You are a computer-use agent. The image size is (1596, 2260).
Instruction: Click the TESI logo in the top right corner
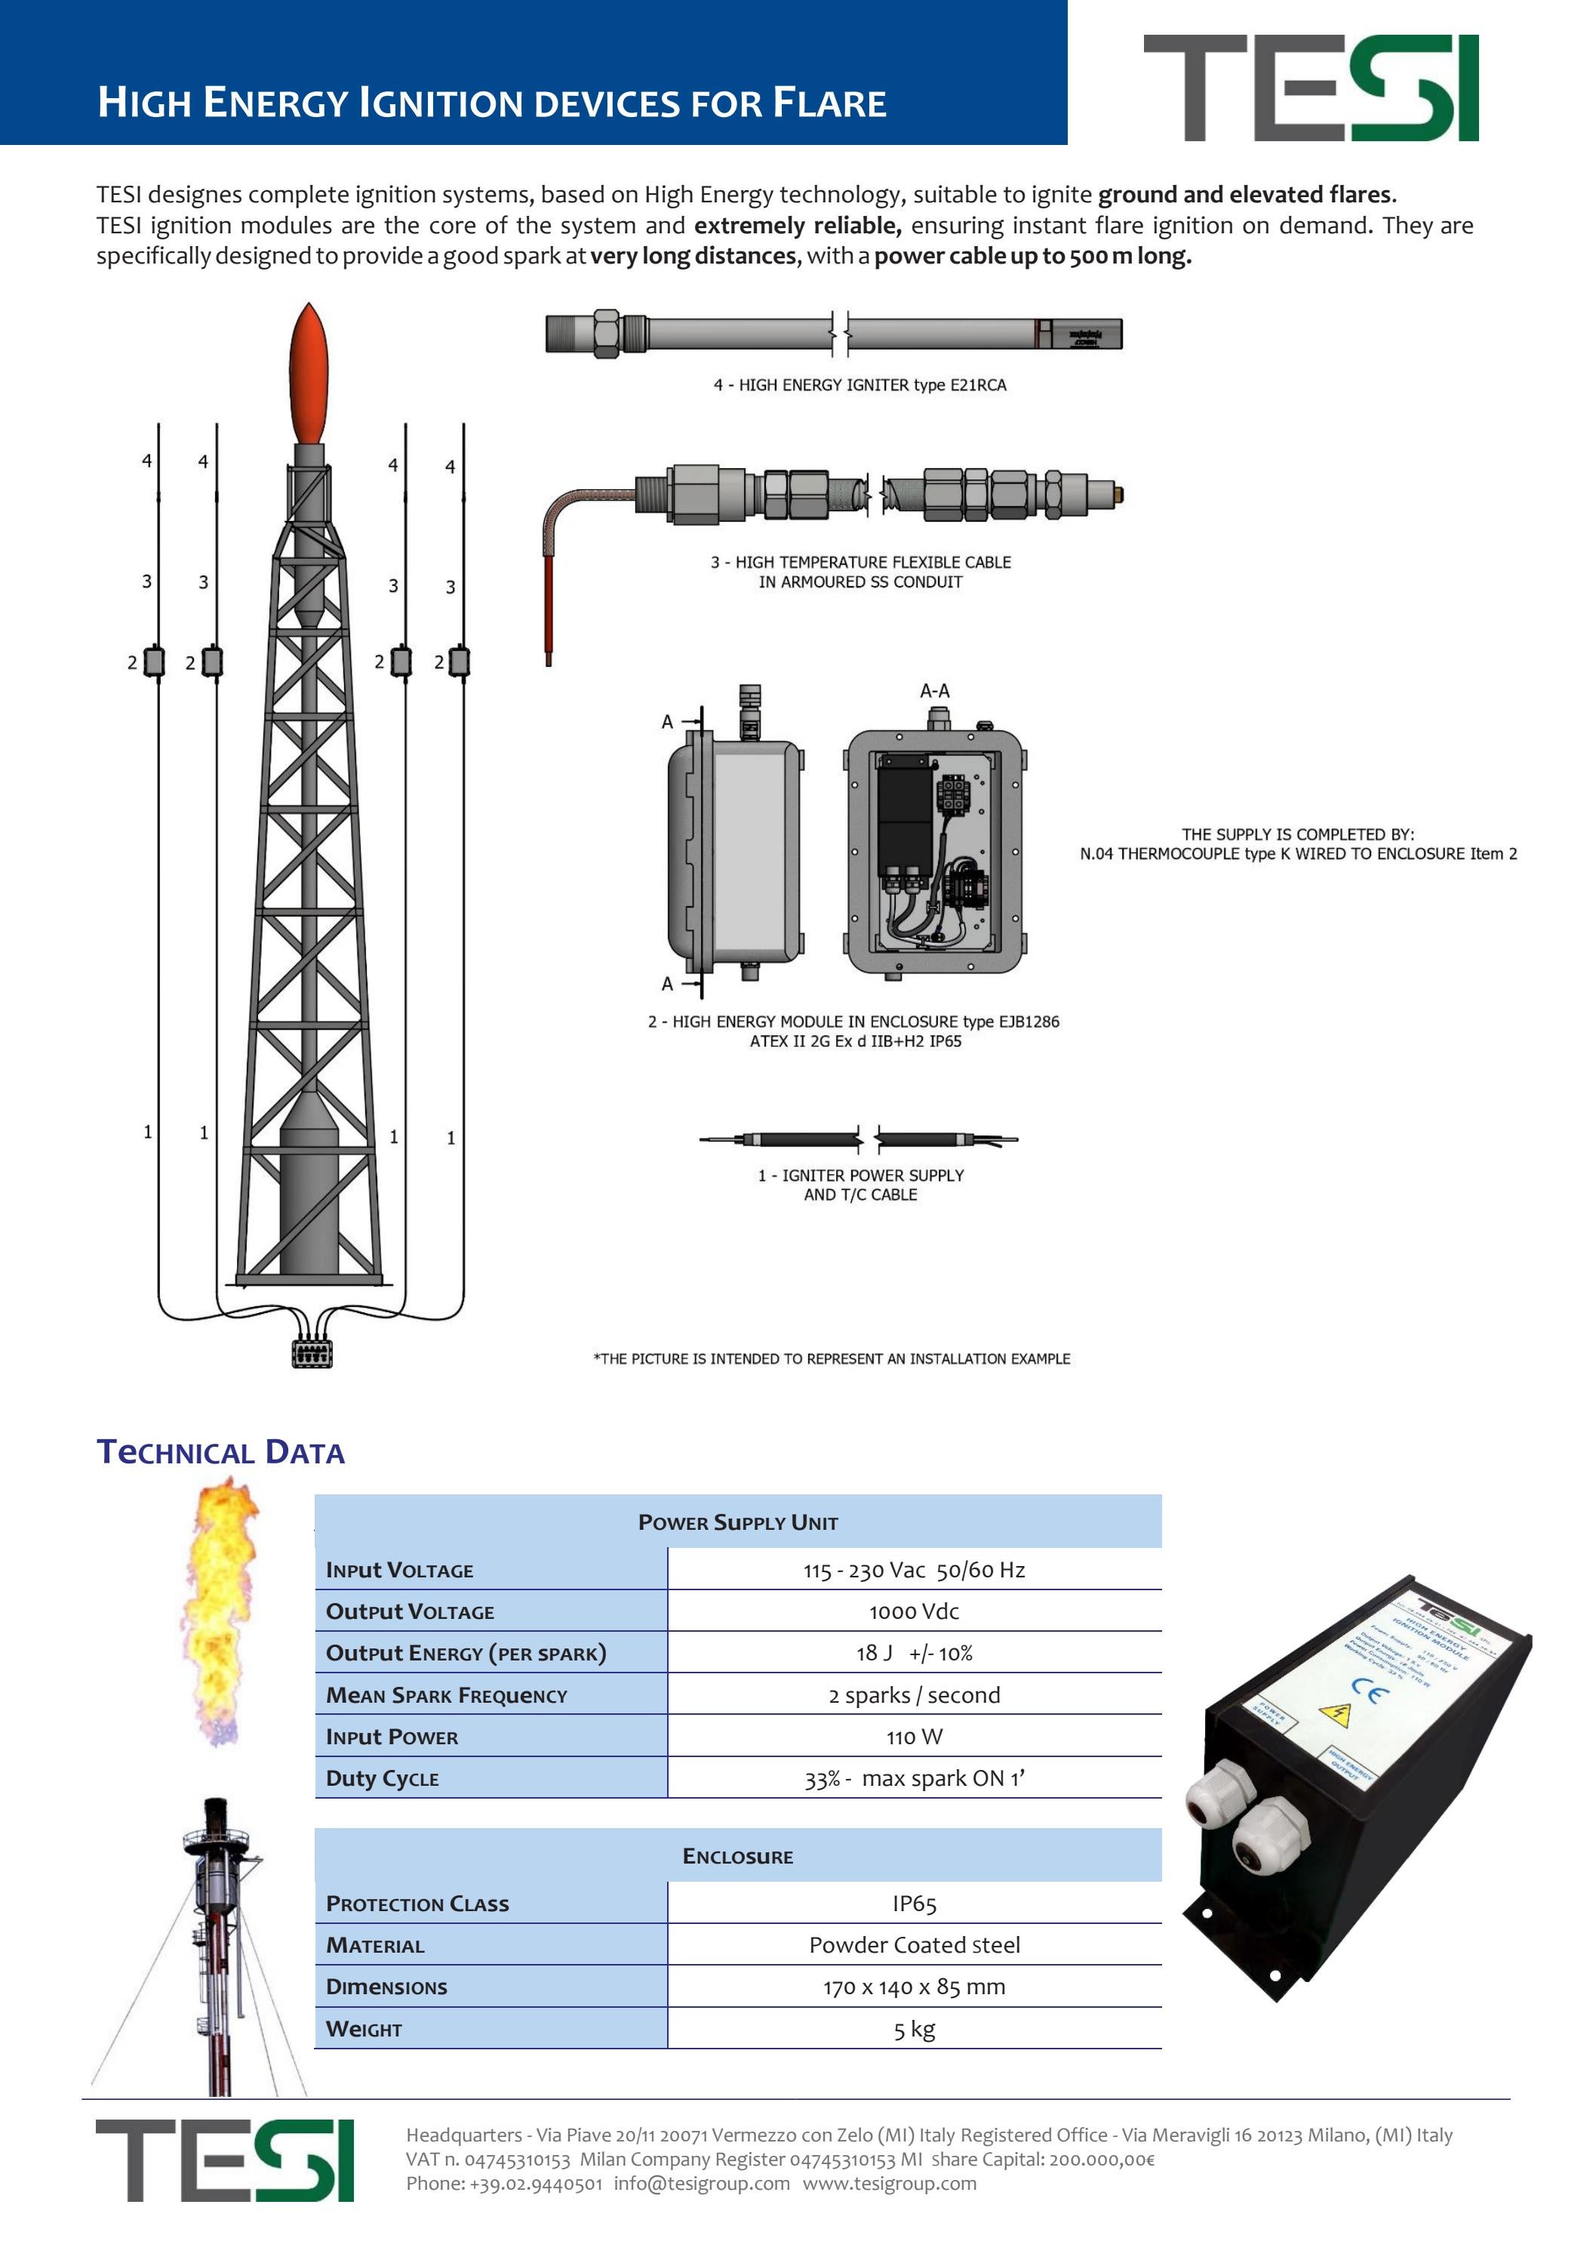pyautogui.click(x=1310, y=88)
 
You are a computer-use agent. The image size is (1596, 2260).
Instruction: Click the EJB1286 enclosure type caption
pyautogui.click(x=853, y=1022)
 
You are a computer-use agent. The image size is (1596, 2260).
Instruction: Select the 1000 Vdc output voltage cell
pyautogui.click(x=913, y=1611)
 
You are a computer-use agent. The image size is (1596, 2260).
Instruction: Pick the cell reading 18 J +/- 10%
pyautogui.click(x=913, y=1653)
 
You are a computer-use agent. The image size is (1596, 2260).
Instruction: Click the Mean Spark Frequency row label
pyautogui.click(x=447, y=1695)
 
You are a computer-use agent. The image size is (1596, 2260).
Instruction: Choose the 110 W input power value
pyautogui.click(x=913, y=1737)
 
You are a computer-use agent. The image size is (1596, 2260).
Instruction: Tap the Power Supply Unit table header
pyautogui.click(x=737, y=1523)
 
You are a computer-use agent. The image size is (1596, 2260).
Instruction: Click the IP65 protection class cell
pyautogui.click(x=913, y=1904)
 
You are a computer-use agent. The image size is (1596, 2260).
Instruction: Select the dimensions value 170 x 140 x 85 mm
pyautogui.click(x=913, y=1987)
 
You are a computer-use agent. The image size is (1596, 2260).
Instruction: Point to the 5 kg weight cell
pyautogui.click(x=913, y=2029)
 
